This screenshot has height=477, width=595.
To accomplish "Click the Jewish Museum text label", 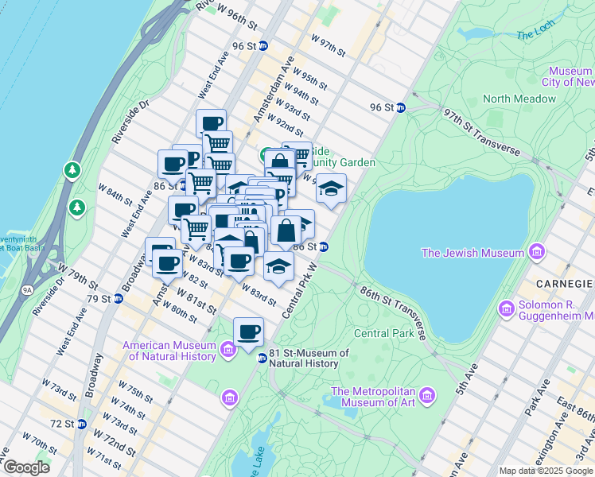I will (473, 253).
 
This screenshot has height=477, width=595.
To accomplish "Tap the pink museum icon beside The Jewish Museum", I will (537, 253).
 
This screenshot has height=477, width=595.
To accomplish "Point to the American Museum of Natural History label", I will (169, 351).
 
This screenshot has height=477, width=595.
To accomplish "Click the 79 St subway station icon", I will (118, 299).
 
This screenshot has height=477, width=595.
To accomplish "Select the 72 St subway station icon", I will (80, 425).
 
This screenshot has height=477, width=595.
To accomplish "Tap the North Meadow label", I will (519, 99).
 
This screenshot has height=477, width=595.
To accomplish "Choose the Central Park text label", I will (384, 333).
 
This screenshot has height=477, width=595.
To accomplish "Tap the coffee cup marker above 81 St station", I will (249, 331).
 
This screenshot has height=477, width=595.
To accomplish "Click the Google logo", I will (25, 467).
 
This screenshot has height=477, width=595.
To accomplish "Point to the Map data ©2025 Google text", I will (545, 471).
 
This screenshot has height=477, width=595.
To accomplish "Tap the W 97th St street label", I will (328, 45).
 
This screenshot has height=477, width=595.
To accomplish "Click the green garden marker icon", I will (265, 153).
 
